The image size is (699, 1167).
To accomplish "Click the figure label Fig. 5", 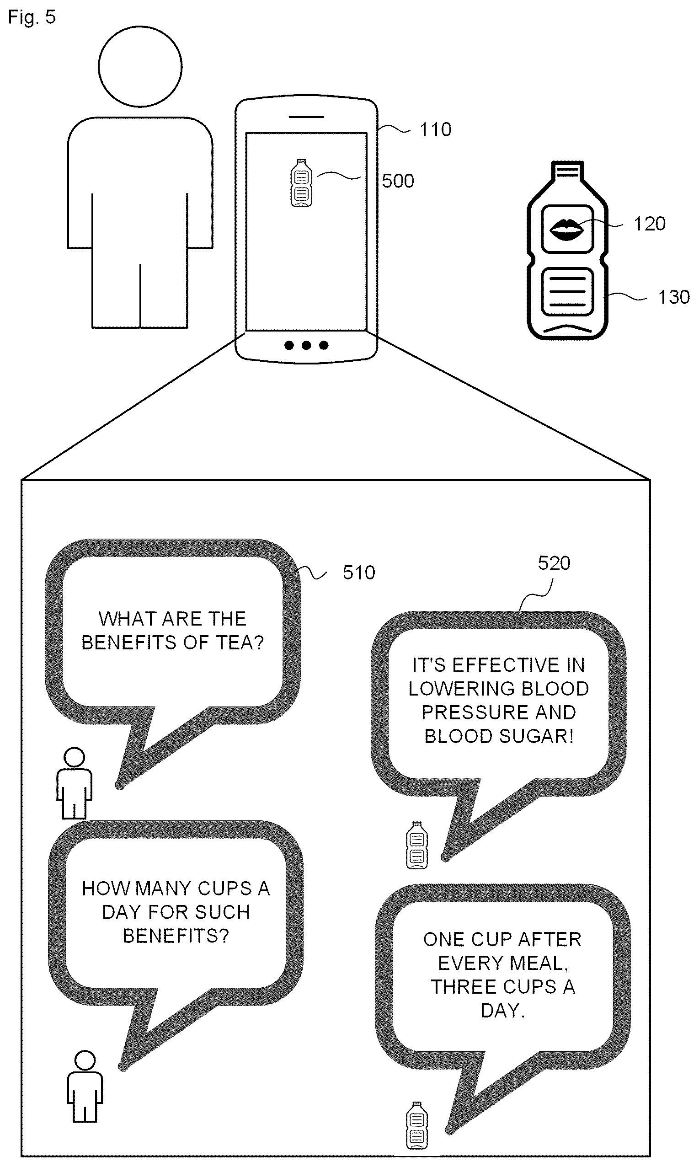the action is (x=32, y=17).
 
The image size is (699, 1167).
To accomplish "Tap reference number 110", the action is (x=435, y=129).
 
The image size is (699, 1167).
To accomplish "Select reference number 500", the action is (x=398, y=181).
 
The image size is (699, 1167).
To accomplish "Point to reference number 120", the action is (x=649, y=224).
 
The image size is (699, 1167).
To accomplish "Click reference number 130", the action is (x=673, y=297).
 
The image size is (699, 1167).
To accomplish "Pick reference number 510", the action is (x=359, y=573).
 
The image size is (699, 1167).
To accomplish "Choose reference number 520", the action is (x=554, y=563).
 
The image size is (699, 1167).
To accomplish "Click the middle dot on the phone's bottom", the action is (x=306, y=345).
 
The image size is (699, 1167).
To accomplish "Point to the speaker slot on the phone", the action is (x=306, y=116).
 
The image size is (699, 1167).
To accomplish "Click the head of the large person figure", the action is (x=140, y=66).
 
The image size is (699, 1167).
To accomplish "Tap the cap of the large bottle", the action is (x=567, y=170).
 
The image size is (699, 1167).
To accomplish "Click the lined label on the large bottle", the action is (x=567, y=291).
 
